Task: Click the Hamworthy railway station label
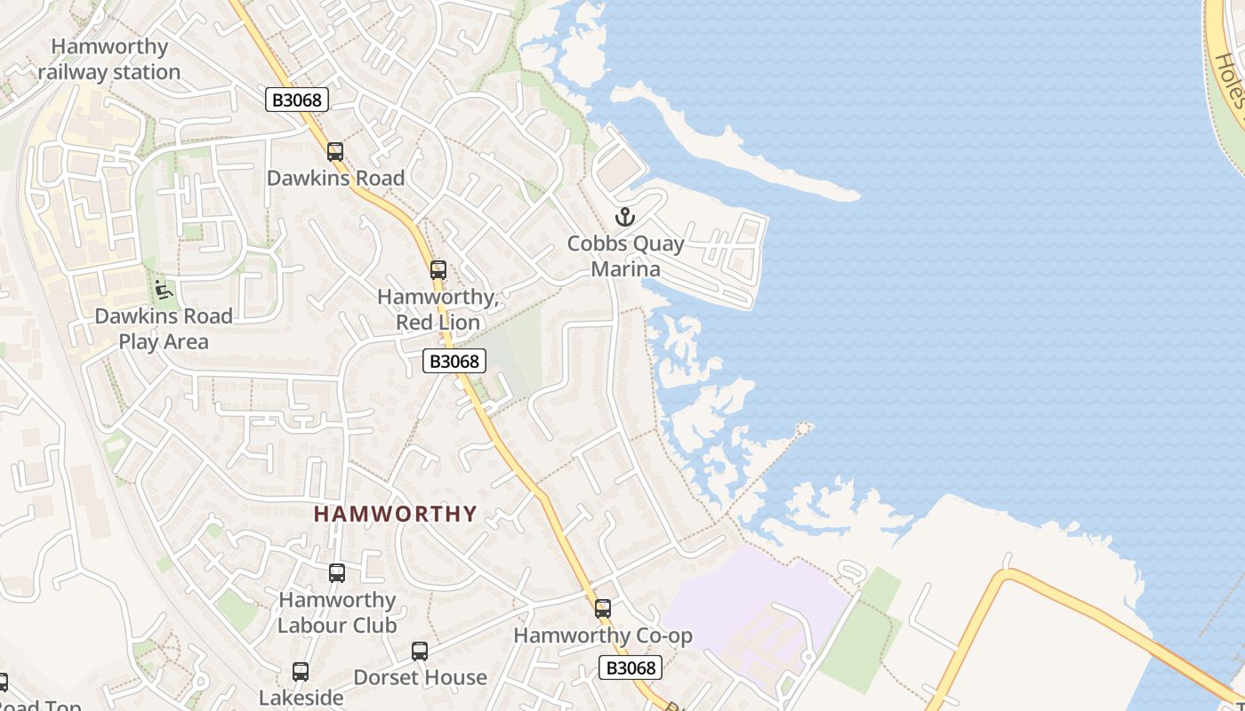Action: [x=109, y=59]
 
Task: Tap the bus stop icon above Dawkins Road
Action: [x=335, y=152]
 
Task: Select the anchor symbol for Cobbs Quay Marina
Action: [x=625, y=217]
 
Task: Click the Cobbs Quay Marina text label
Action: [x=626, y=256]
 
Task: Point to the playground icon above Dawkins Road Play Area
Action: [x=163, y=290]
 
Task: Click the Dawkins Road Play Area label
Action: [x=164, y=329]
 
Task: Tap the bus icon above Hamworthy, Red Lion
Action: [x=438, y=270]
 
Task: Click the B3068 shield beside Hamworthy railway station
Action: [x=297, y=100]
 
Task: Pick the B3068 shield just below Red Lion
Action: [x=454, y=361]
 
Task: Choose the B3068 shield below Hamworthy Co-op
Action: [x=631, y=667]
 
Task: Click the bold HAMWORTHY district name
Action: [x=396, y=514]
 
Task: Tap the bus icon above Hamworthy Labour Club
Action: [x=337, y=573]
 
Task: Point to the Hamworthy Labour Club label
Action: [x=337, y=612]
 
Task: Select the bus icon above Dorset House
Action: [x=420, y=651]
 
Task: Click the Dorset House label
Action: [x=420, y=677]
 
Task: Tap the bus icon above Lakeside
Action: [x=301, y=672]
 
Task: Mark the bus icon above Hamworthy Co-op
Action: [x=603, y=609]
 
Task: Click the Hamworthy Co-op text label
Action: [x=603, y=635]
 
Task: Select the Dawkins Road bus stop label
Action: [x=335, y=178]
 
